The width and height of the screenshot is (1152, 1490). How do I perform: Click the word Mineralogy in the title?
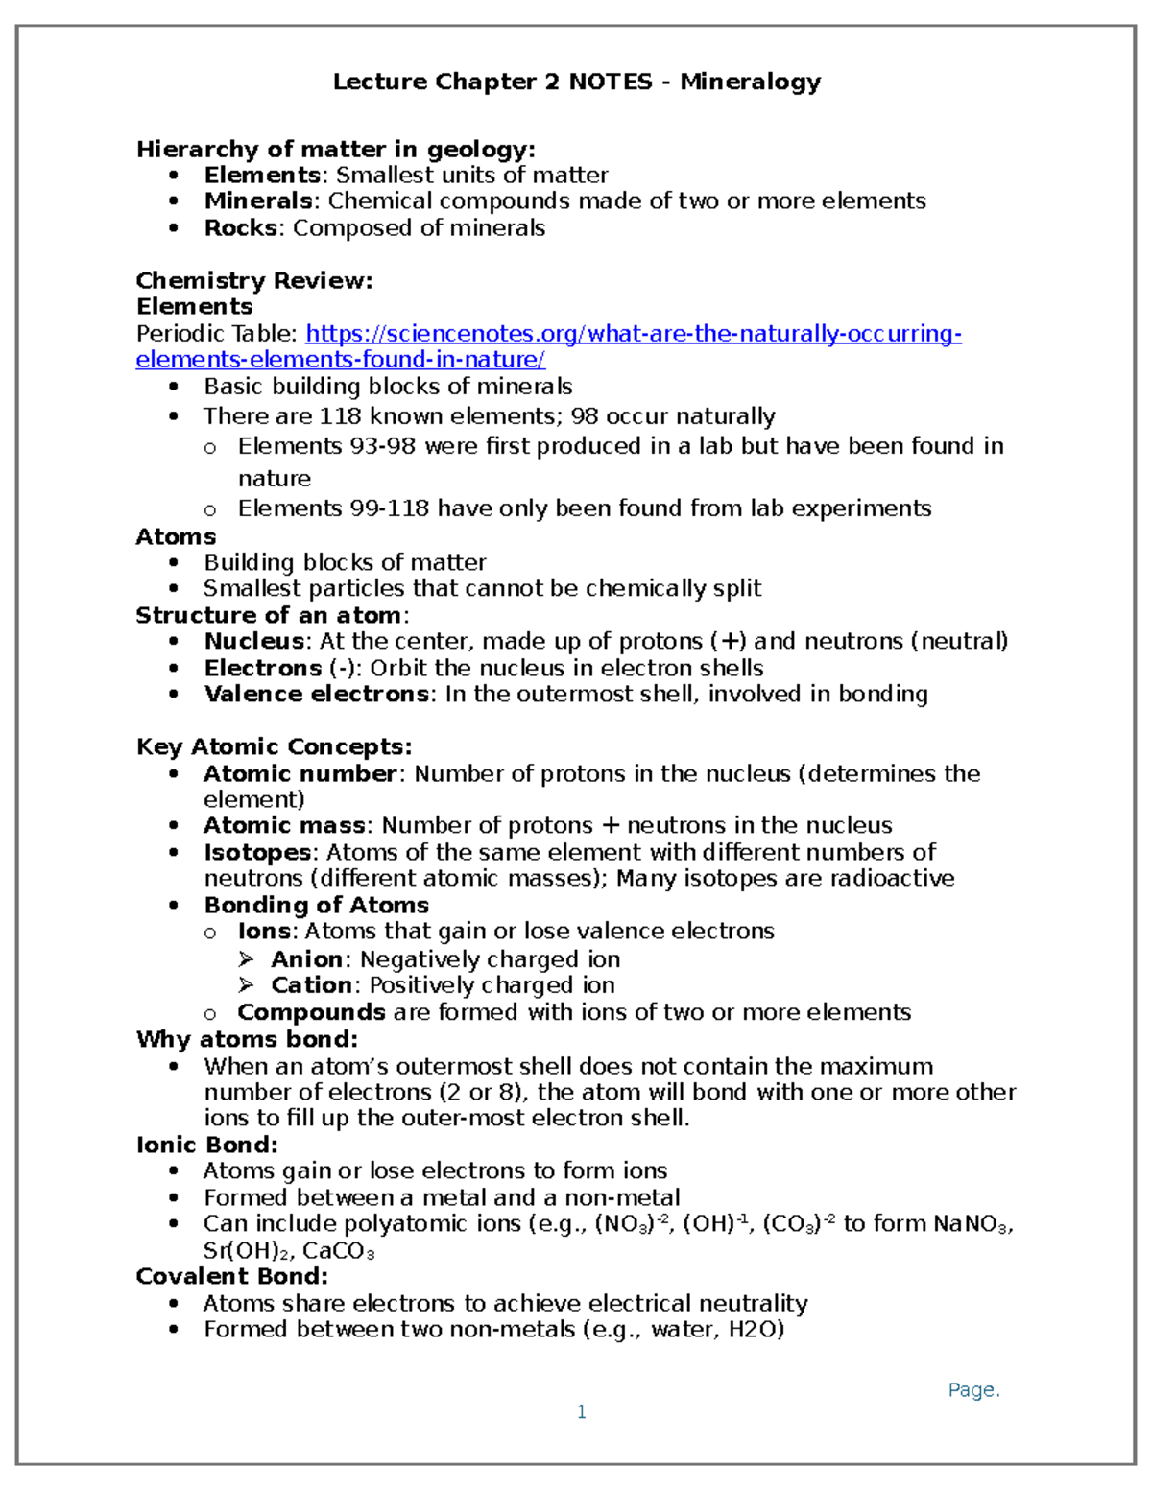click(x=750, y=82)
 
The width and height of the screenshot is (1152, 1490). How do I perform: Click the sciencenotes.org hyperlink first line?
click(x=633, y=334)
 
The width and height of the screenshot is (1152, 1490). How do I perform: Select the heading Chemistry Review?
click(x=254, y=281)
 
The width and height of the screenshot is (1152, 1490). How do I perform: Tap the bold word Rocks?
click(x=240, y=228)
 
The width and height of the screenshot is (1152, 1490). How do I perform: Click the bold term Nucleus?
click(x=253, y=641)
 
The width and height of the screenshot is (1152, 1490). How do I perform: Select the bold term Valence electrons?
click(x=316, y=694)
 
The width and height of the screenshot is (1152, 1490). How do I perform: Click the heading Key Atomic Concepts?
click(x=274, y=747)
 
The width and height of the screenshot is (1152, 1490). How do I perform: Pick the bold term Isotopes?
click(x=256, y=852)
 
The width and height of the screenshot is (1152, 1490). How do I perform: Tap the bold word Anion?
click(x=306, y=959)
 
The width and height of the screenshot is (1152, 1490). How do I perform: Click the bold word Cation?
click(x=311, y=985)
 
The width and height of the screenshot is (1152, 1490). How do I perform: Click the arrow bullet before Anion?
click(x=247, y=959)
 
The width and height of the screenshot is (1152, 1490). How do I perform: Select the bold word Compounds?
click(x=311, y=1012)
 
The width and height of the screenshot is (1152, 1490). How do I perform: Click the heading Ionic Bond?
click(x=206, y=1145)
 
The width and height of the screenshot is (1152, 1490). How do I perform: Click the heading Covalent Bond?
click(x=231, y=1276)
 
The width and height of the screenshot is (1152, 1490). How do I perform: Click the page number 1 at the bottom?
click(x=581, y=1411)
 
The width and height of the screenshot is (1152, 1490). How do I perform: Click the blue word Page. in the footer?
click(x=973, y=1390)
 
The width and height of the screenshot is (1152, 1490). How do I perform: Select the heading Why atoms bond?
click(x=247, y=1039)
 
